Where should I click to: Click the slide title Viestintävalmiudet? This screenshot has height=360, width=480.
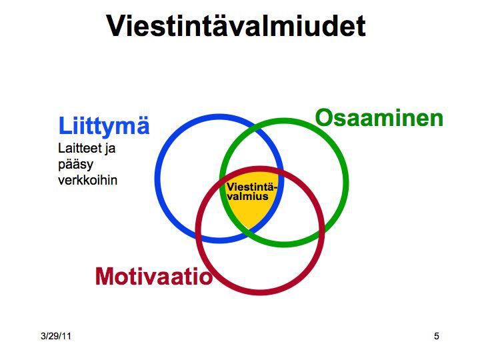tap(236, 26)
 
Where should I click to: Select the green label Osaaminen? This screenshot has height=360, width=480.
tap(379, 118)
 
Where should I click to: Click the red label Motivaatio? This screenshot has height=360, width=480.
tap(154, 277)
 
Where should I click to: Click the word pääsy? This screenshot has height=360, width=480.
tap(75, 165)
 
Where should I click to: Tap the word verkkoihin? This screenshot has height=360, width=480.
tap(87, 180)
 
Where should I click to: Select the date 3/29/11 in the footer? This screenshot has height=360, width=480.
tap(56, 336)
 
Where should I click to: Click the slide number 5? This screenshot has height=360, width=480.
tap(437, 336)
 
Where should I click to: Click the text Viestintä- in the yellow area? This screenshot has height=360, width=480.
tap(252, 187)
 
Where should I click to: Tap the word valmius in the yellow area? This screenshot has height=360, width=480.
tap(247, 197)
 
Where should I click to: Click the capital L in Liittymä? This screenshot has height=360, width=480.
tap(65, 126)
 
